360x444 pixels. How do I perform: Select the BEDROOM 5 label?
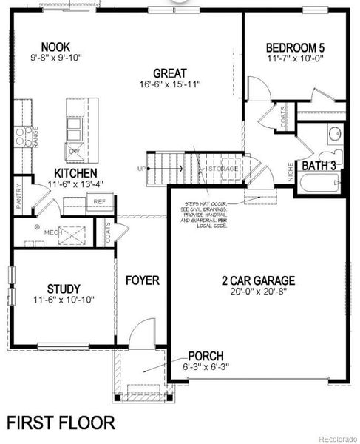tap(295, 49)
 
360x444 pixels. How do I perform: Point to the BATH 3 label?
tap(319, 166)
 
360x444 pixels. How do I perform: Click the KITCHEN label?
tap(71, 172)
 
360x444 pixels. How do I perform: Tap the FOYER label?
tap(141, 280)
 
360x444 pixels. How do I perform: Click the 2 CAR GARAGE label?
tap(258, 280)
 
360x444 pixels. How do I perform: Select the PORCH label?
tap(205, 357)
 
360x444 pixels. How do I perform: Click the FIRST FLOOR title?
tap(61, 423)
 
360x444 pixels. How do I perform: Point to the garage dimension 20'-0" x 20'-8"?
tap(258, 292)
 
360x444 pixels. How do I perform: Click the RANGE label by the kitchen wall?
tap(35, 137)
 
